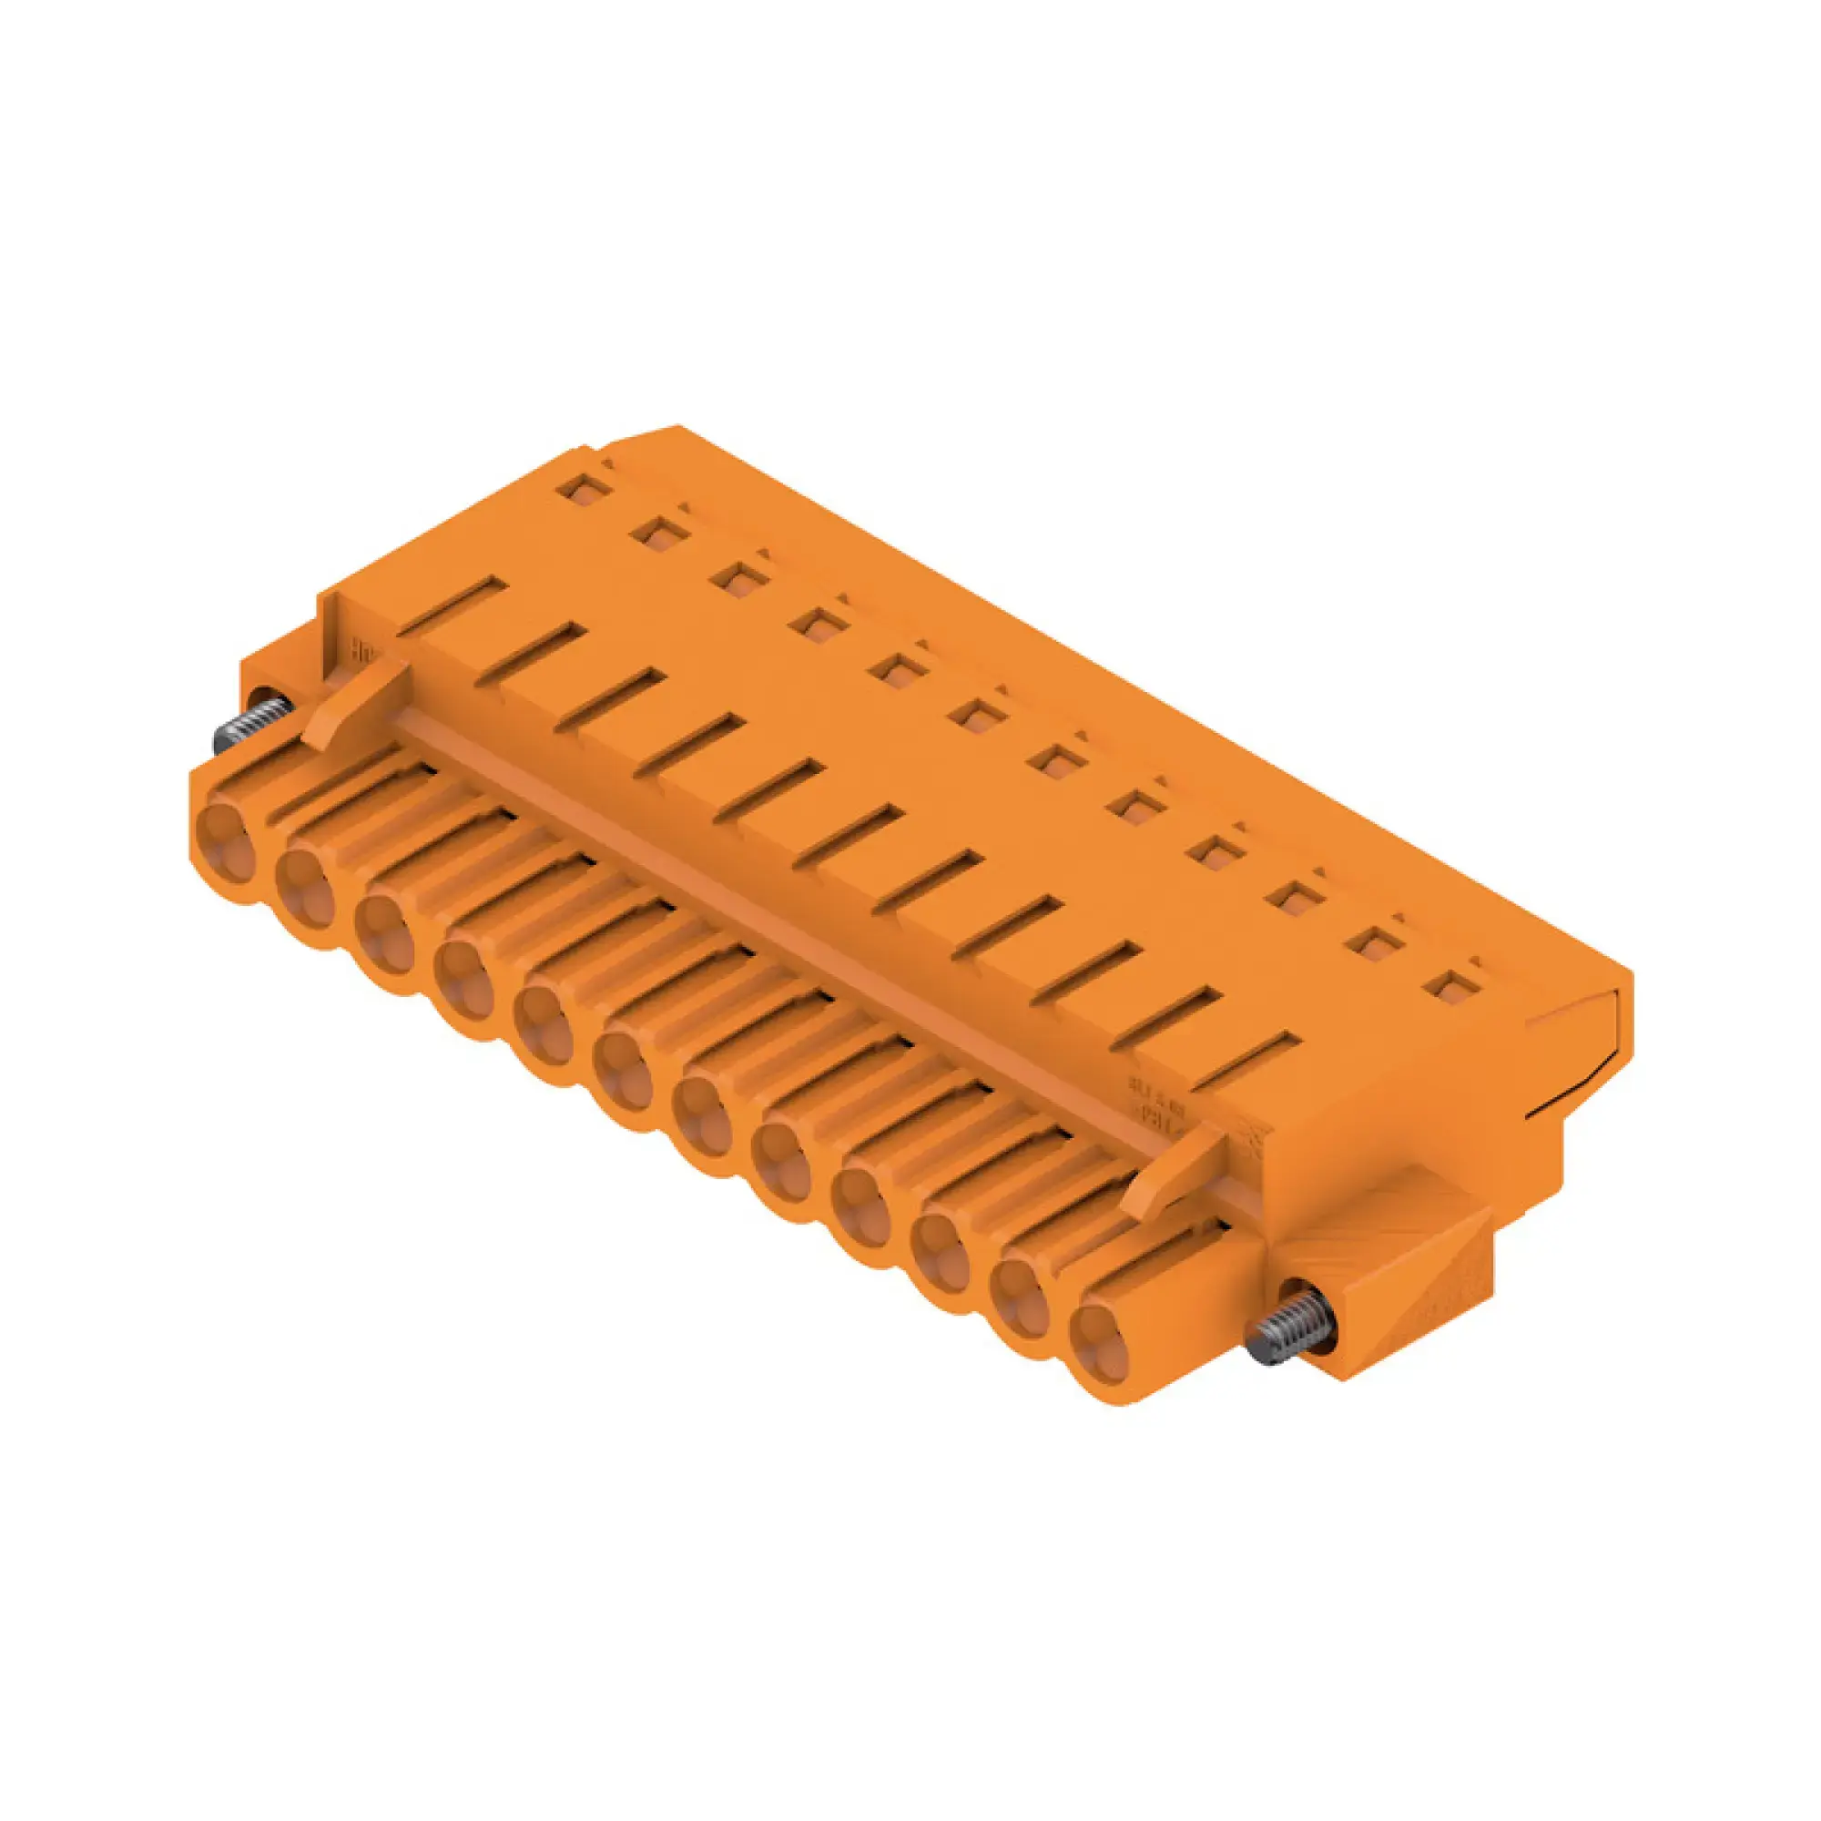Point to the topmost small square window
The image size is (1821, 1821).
point(582,488)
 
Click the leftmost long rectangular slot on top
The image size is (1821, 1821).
point(453,605)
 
